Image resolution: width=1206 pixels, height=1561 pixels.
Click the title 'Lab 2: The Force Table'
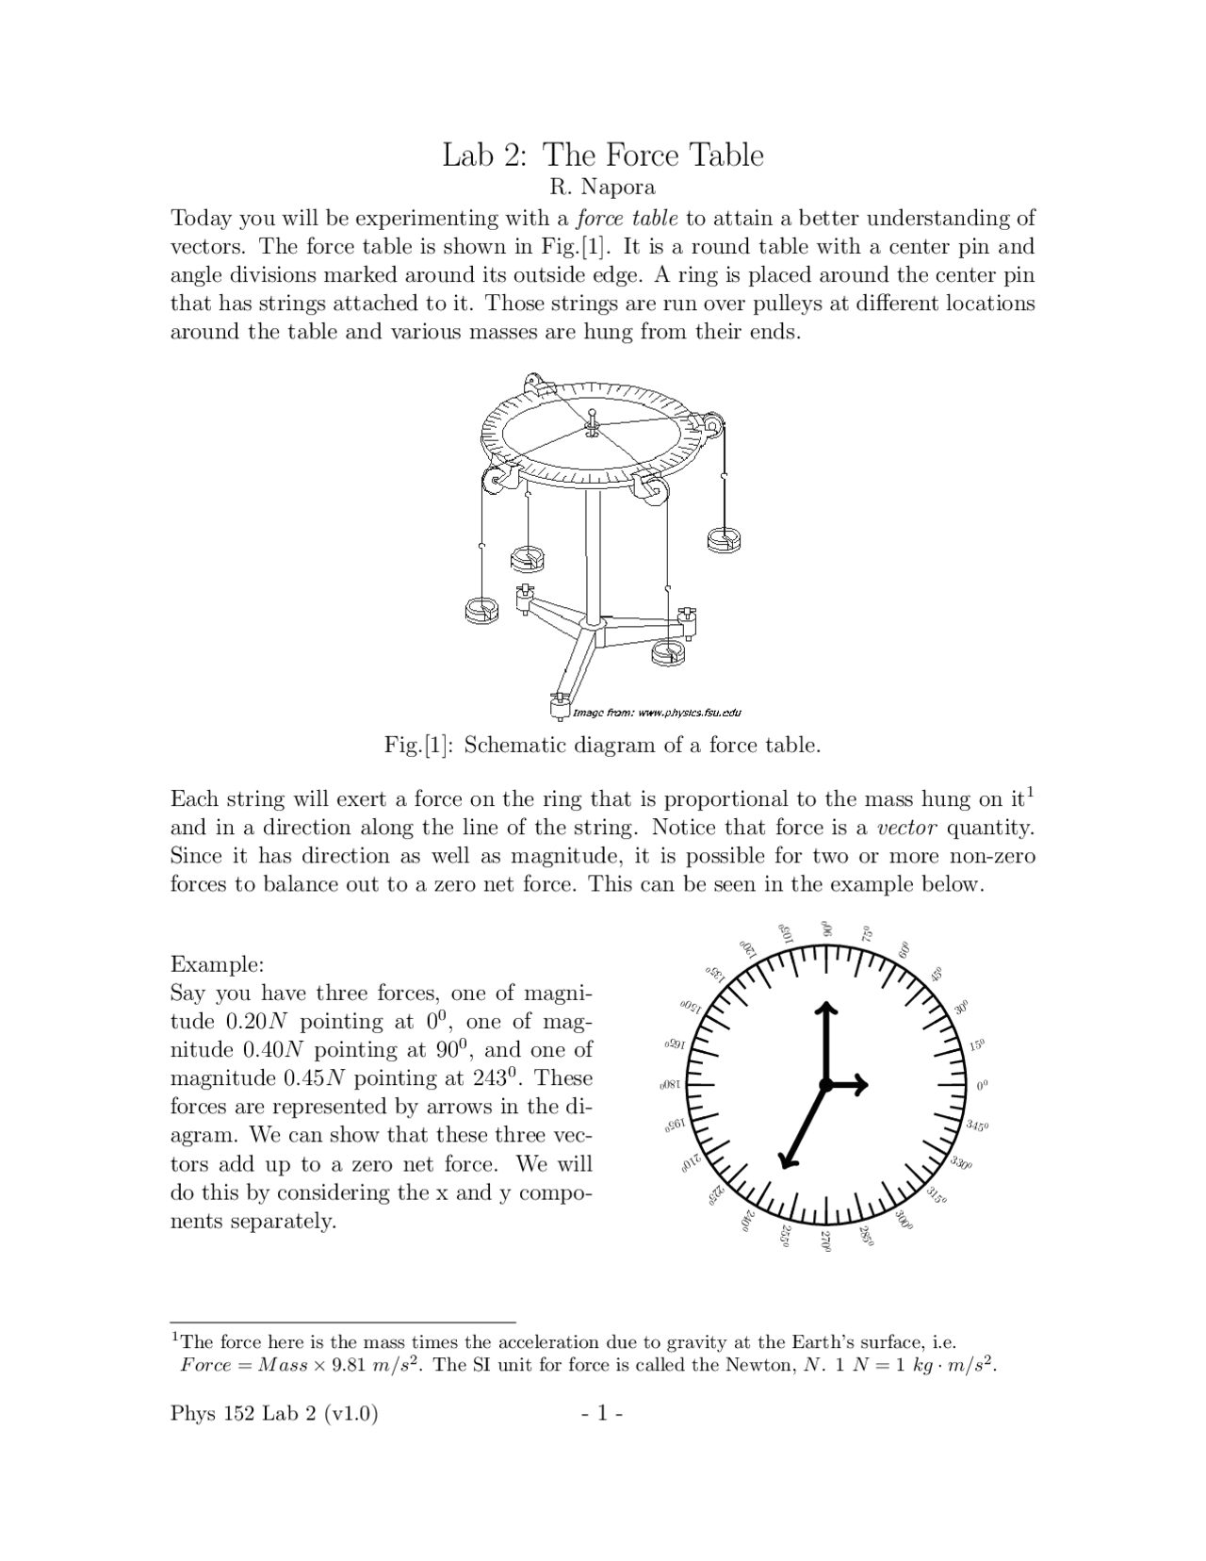(603, 155)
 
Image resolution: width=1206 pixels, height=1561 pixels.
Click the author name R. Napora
(602, 188)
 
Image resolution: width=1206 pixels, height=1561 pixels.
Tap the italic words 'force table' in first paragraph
(627, 219)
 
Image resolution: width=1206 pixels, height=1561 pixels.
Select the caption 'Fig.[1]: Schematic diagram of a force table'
(602, 746)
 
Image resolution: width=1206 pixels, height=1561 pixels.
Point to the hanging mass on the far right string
(725, 538)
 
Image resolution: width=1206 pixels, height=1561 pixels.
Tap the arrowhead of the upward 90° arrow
(825, 1009)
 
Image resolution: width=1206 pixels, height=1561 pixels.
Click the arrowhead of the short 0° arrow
(862, 1086)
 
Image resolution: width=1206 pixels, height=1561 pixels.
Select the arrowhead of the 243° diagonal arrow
(785, 1160)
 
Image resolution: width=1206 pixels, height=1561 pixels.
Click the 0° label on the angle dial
(983, 1086)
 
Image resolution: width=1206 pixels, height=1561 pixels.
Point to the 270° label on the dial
(826, 1241)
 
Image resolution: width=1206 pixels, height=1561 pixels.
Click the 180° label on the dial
(670, 1086)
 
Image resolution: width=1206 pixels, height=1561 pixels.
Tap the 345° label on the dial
(978, 1126)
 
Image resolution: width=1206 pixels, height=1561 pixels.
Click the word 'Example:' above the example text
(218, 965)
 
